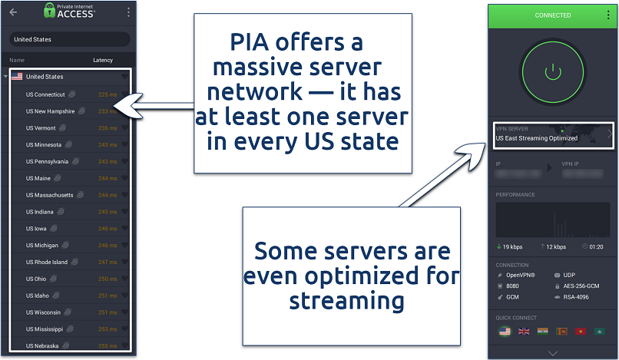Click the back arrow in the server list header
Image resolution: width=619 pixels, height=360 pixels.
tap(12, 12)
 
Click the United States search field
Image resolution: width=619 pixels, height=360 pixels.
tap(69, 38)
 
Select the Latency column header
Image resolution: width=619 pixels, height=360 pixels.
tap(102, 59)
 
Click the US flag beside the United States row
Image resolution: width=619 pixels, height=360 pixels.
tap(16, 77)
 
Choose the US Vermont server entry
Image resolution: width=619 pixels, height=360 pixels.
tap(41, 128)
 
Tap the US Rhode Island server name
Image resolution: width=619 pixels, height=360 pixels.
tap(47, 262)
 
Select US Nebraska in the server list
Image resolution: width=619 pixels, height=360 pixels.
tap(42, 345)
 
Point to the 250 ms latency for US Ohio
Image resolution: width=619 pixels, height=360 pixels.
tap(107, 279)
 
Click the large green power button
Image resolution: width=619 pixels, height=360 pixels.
tap(553, 73)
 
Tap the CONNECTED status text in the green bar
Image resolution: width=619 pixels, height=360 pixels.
tap(553, 15)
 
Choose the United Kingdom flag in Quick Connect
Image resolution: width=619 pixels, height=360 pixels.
tap(525, 331)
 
